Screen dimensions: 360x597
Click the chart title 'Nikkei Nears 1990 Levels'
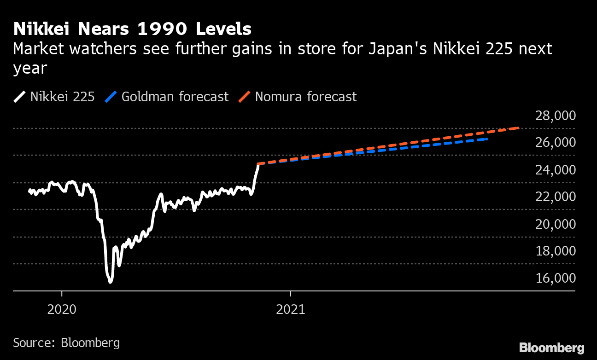(x=132, y=29)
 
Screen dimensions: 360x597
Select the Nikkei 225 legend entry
(x=54, y=97)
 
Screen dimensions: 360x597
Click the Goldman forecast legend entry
(x=167, y=97)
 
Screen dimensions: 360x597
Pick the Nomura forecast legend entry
(x=298, y=97)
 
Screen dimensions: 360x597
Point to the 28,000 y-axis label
(x=555, y=116)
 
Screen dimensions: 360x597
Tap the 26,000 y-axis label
(x=555, y=143)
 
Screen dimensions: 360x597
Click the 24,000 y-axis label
(x=555, y=170)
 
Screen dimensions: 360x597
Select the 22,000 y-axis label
(x=555, y=197)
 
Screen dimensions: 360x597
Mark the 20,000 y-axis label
(x=555, y=224)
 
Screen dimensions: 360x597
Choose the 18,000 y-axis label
(x=555, y=251)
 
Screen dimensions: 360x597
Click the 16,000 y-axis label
(x=555, y=278)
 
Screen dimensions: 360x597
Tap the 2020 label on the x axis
(x=62, y=309)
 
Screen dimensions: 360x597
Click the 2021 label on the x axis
(x=291, y=309)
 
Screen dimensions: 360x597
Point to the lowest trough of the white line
(x=110, y=281)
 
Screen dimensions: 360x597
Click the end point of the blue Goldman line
(x=486, y=139)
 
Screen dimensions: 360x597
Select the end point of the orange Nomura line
(x=519, y=128)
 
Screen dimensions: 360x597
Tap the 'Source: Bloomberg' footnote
(x=66, y=343)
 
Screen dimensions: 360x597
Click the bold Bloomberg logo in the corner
(x=551, y=348)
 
